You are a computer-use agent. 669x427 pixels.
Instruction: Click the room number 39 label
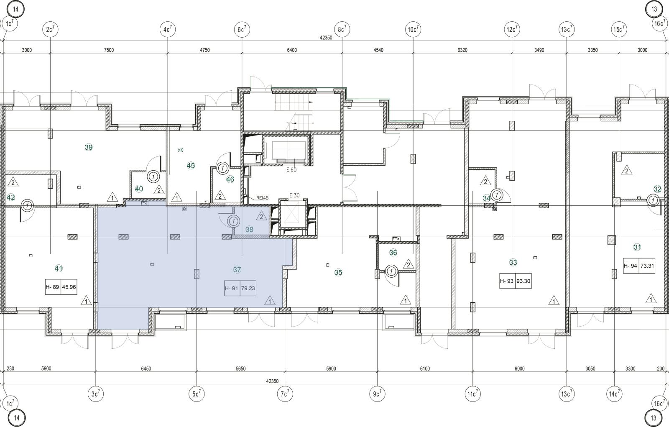click(x=89, y=147)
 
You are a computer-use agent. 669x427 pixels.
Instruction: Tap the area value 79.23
click(x=248, y=288)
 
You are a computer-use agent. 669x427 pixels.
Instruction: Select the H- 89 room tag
click(x=52, y=287)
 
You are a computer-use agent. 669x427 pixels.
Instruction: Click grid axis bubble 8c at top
click(x=342, y=29)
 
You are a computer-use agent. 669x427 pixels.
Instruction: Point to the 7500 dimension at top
click(x=109, y=50)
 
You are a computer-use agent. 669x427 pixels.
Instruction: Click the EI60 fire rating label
click(x=291, y=170)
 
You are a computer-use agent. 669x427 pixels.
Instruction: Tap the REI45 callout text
click(x=263, y=198)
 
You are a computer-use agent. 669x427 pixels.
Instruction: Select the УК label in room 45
click(x=180, y=150)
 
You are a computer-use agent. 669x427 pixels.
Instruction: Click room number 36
click(x=393, y=253)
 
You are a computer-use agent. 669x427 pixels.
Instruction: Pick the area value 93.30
click(x=523, y=281)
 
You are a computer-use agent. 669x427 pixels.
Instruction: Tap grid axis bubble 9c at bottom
click(x=377, y=394)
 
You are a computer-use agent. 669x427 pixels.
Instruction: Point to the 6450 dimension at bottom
click(x=146, y=369)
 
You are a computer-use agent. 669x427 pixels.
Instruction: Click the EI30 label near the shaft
click(x=294, y=195)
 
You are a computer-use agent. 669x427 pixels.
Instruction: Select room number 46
click(x=230, y=179)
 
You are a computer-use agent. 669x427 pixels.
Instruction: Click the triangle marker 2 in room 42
click(x=13, y=182)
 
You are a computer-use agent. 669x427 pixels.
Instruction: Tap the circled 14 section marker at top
click(x=15, y=9)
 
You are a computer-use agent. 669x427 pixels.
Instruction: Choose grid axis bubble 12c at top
click(x=512, y=29)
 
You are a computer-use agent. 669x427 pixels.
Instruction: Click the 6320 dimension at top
click(x=462, y=50)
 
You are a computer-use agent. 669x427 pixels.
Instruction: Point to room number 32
click(x=657, y=189)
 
